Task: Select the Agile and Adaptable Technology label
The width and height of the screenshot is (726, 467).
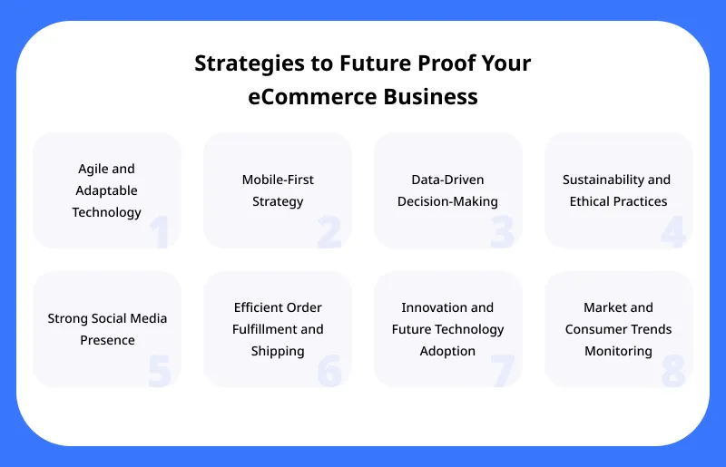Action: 107,190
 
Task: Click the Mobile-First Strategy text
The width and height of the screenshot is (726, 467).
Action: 278,190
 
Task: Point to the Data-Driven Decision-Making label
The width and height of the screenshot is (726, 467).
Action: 447,190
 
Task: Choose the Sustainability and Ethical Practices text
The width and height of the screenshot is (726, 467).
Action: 618,190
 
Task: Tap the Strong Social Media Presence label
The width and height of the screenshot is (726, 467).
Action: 107,329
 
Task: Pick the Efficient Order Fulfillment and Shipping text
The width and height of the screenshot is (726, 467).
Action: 278,329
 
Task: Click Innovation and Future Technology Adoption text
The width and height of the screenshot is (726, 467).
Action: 447,329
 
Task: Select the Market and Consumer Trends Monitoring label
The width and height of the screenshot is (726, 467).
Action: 618,329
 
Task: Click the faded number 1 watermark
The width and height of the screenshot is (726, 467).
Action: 160,232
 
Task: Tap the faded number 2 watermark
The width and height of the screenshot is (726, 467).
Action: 329,232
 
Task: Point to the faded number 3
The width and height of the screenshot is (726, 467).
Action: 502,232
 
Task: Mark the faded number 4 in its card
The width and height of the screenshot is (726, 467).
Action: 672,232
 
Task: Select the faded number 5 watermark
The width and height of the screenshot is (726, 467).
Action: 160,371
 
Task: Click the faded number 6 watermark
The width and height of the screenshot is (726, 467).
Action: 329,371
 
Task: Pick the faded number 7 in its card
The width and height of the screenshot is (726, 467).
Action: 502,371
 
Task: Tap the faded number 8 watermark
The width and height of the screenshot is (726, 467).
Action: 672,371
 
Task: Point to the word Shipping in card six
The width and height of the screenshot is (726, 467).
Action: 278,351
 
